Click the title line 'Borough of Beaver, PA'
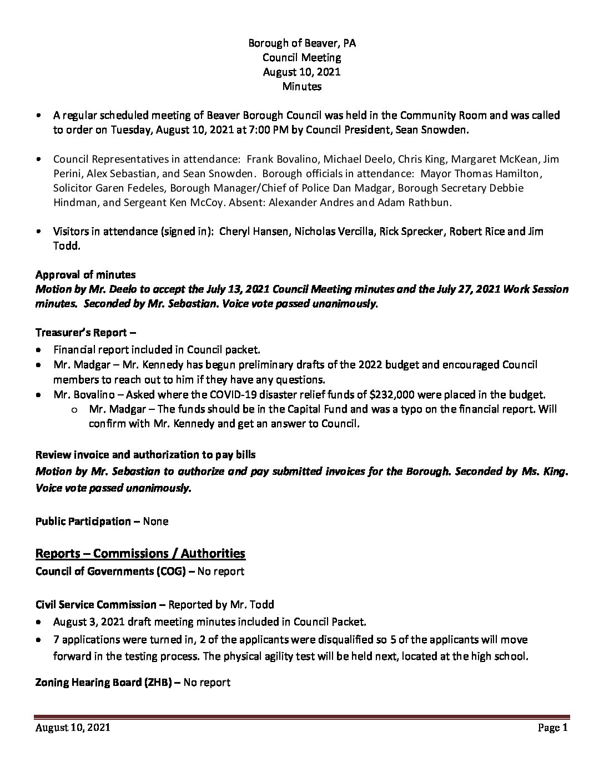click(x=302, y=43)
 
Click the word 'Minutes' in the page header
click(x=302, y=86)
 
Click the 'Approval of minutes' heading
click(x=85, y=275)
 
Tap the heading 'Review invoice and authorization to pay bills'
click(x=145, y=455)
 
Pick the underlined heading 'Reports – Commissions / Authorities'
click(x=140, y=553)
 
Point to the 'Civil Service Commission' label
click(x=95, y=604)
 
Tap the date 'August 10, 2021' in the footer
click(x=72, y=728)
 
